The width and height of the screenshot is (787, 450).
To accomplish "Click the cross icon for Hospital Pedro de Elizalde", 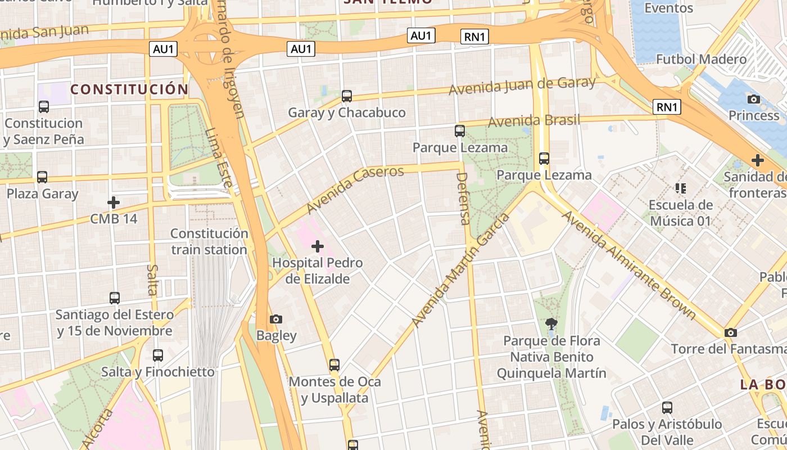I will click(318, 246).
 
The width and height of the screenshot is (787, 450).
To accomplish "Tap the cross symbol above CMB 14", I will click(114, 202).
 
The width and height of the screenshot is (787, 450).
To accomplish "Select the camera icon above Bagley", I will click(275, 319).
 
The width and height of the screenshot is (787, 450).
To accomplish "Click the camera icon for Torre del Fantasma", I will click(730, 332).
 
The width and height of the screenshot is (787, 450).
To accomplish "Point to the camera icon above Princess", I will click(753, 99).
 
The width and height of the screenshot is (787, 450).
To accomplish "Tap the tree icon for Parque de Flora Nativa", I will click(551, 323).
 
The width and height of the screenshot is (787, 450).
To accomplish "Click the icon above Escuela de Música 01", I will click(680, 188).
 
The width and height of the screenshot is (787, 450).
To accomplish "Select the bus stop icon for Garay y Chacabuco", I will click(347, 96).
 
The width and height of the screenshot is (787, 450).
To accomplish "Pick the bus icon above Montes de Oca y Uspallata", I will click(334, 364).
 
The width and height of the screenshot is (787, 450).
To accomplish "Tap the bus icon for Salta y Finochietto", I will click(158, 355).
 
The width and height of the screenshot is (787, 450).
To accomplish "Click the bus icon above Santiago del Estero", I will click(115, 298).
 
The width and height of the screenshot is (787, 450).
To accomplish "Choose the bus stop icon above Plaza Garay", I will click(42, 177).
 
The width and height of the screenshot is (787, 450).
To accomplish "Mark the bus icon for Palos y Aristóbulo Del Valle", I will click(667, 407).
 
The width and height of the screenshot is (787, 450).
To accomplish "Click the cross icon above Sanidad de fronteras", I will click(757, 160).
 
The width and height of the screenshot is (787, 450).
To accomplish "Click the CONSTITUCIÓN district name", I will click(129, 89).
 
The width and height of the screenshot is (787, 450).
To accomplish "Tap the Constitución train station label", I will click(209, 241).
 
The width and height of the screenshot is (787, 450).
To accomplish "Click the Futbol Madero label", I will click(701, 59).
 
